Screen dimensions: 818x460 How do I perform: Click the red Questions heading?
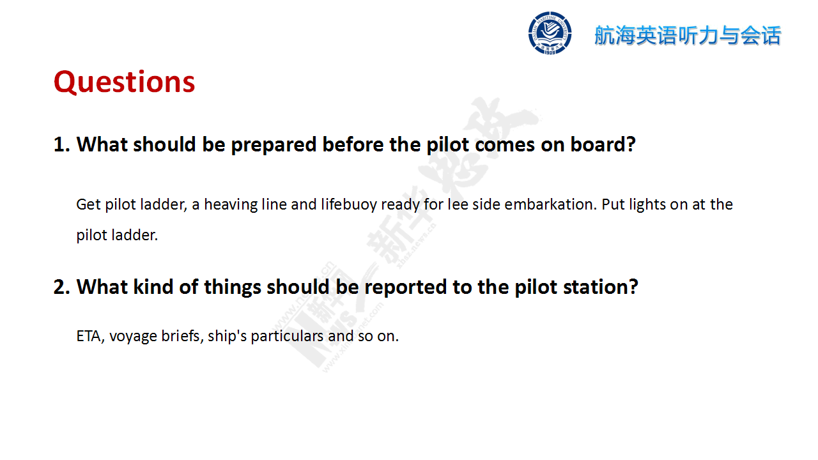[x=124, y=82]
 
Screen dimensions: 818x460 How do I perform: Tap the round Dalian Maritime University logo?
[x=550, y=33]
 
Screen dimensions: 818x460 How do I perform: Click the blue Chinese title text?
[x=688, y=35]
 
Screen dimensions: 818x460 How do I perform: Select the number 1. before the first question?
[x=62, y=144]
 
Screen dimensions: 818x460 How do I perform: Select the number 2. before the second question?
[x=62, y=287]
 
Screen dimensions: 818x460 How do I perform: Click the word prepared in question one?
[x=274, y=145]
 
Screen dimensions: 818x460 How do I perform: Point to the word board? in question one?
[x=603, y=144]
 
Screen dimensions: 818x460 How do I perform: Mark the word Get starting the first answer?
[x=88, y=204]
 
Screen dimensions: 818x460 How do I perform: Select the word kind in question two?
[x=153, y=287]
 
